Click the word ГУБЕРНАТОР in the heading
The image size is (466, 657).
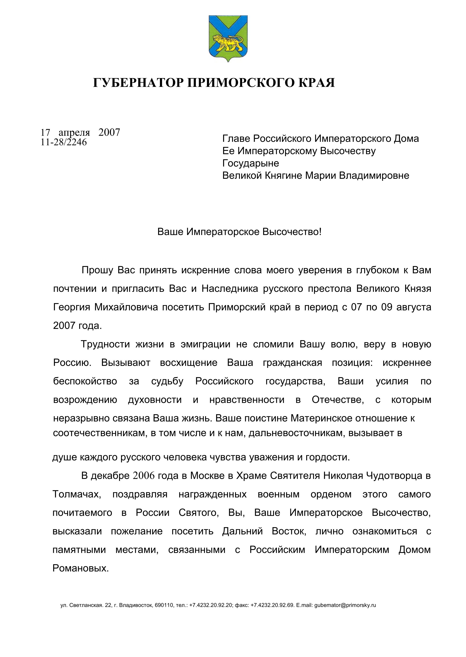(x=138, y=83)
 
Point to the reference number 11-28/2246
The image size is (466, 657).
(x=64, y=142)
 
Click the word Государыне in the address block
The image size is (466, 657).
(x=251, y=163)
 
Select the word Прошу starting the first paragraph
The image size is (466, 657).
(x=97, y=270)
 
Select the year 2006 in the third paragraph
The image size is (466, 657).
(x=144, y=476)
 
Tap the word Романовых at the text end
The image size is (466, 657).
(x=81, y=568)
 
